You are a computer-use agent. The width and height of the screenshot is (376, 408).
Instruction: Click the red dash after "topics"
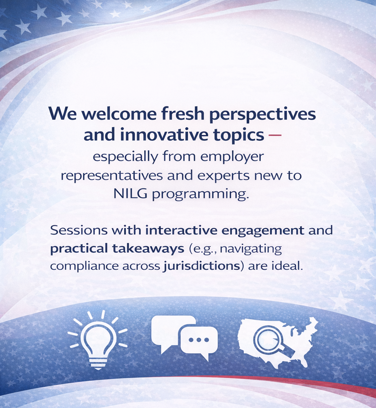tap(274, 135)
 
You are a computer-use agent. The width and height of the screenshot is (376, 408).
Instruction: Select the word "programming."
tap(200, 195)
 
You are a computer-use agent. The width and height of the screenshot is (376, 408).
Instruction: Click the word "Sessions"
tap(79, 230)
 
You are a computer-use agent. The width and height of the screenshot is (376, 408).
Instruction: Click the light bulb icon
tap(98, 340)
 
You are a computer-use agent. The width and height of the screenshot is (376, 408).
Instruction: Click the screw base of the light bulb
tap(98, 364)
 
